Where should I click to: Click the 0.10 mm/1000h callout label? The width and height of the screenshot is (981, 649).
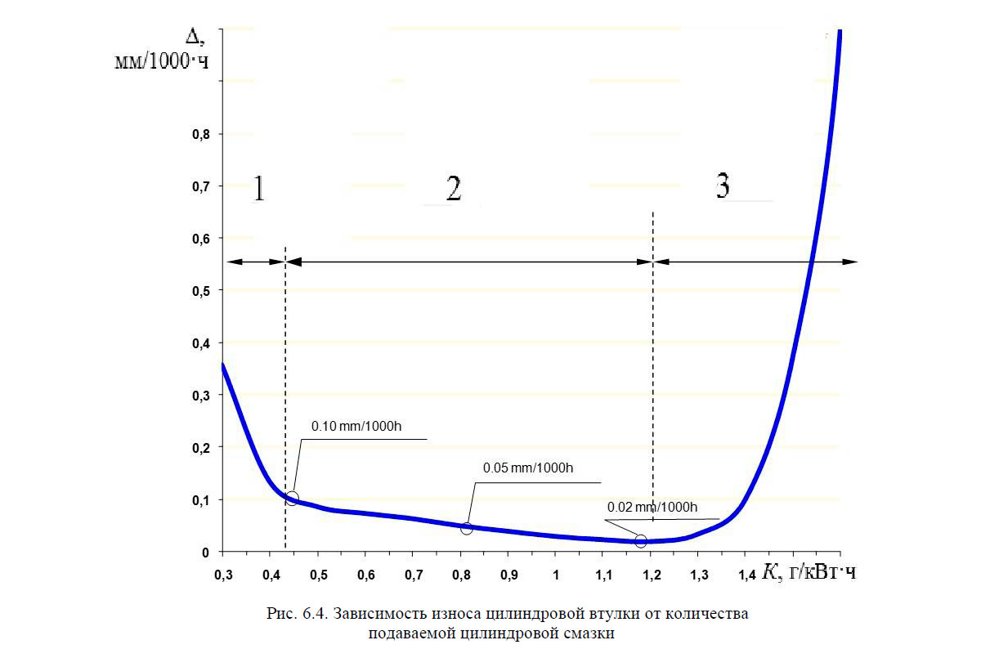(x=356, y=427)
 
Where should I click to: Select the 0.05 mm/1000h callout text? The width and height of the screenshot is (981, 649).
(x=528, y=468)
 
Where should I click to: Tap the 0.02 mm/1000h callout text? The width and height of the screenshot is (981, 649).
(x=652, y=508)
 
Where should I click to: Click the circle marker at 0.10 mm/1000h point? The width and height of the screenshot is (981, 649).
(x=292, y=499)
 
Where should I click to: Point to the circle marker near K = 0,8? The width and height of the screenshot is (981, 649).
(x=467, y=528)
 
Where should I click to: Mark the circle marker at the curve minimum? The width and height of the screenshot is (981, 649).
(x=641, y=541)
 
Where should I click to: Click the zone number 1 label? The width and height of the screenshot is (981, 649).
(x=258, y=189)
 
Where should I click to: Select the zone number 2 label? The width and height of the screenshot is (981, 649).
(x=454, y=189)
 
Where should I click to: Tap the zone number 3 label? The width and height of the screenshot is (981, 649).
(x=723, y=187)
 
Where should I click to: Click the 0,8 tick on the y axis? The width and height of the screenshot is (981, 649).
(x=199, y=134)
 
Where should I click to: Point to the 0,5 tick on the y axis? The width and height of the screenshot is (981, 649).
(x=199, y=291)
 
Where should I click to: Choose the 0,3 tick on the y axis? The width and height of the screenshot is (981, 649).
(x=199, y=396)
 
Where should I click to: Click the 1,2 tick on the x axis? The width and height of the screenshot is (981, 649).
(x=651, y=576)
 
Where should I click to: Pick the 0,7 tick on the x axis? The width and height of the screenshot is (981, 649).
(x=414, y=576)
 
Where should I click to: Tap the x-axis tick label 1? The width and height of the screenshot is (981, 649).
(x=556, y=576)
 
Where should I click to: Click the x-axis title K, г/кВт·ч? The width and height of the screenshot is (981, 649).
(x=809, y=574)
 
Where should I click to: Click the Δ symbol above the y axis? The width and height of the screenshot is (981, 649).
(x=192, y=36)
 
